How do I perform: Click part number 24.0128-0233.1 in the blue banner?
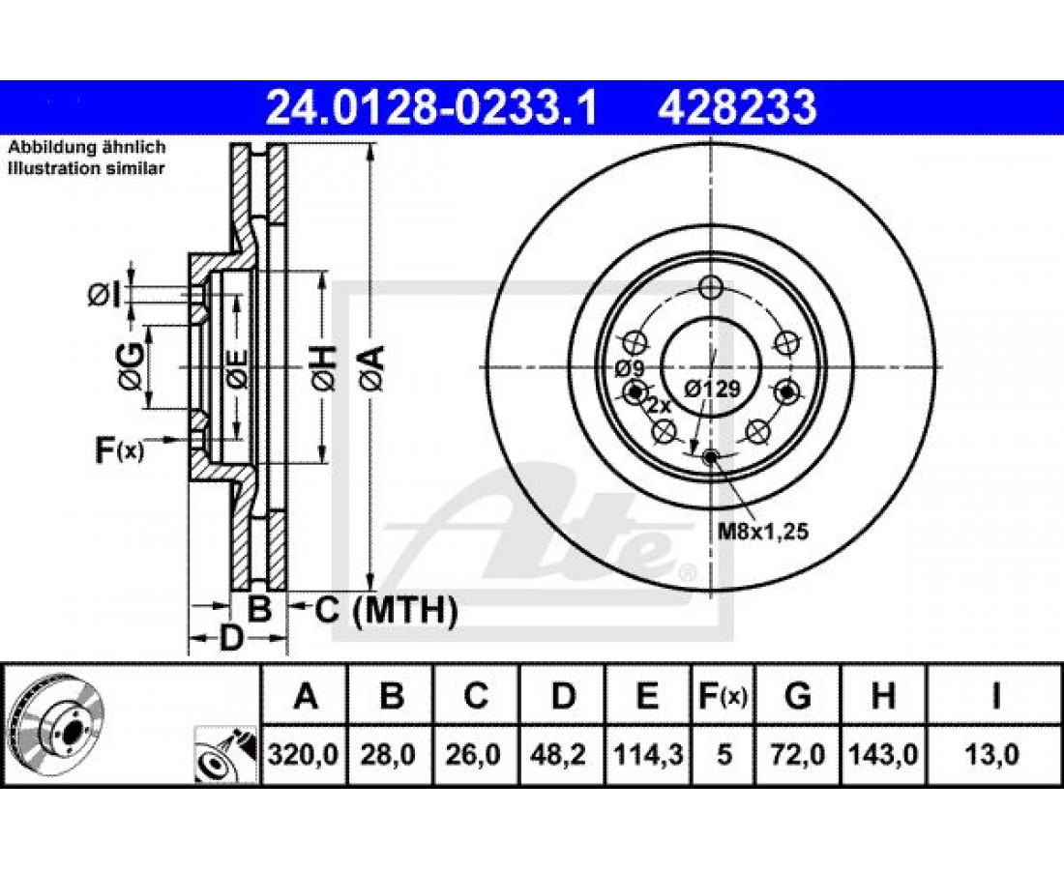430,108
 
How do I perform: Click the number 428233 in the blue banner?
736,108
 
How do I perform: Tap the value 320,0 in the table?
303,754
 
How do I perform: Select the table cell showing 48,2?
562,754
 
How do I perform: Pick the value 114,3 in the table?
647,754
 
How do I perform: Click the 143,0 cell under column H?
883,754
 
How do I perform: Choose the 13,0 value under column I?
994,754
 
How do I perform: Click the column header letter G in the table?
797,696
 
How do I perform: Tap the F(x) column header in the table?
724,696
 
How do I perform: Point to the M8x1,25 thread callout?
763,531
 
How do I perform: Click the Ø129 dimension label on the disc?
712,390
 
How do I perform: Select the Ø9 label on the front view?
629,369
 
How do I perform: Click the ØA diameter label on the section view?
373,366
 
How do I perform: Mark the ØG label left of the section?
132,366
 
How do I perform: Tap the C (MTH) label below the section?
385,610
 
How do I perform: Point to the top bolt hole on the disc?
711,288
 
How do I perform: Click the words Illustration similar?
85,168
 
